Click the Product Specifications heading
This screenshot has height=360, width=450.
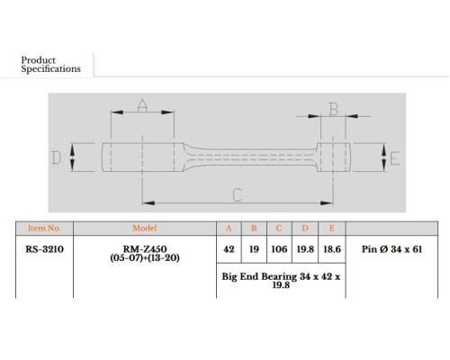pyautogui.click(x=50, y=65)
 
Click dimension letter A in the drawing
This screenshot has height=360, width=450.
pyautogui.click(x=142, y=105)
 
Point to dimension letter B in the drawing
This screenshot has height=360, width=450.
pyautogui.click(x=333, y=109)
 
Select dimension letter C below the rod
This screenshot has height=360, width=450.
pyautogui.click(x=238, y=194)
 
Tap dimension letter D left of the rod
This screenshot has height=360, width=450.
pyautogui.click(x=56, y=157)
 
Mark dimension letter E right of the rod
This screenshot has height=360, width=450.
pyautogui.click(x=395, y=158)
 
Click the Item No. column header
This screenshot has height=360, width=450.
pyautogui.click(x=44, y=229)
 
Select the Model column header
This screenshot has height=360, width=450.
pyautogui.click(x=145, y=228)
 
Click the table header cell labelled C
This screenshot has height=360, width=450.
pyautogui.click(x=279, y=229)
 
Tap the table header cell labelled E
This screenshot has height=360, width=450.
pyautogui.click(x=332, y=229)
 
